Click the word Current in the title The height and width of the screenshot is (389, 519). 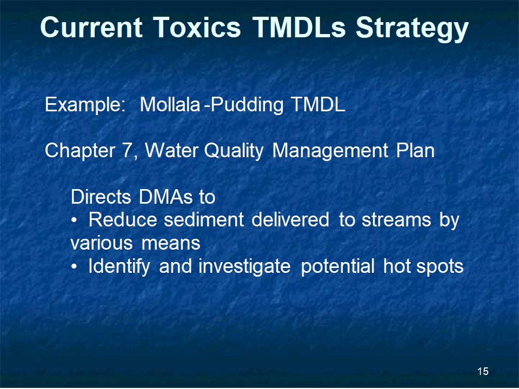point(91,27)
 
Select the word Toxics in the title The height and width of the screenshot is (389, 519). point(197,27)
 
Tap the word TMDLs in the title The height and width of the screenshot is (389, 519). point(299,27)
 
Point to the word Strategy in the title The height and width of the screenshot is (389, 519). point(412,29)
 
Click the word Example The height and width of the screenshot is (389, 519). point(85,105)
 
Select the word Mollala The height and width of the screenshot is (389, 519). point(170,104)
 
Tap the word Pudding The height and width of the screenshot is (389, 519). point(247,105)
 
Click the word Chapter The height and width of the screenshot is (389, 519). point(80,151)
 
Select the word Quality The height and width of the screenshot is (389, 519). point(234,151)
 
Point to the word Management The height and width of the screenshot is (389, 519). point(330,151)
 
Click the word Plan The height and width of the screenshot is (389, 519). point(415,151)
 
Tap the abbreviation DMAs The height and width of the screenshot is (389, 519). point(165,197)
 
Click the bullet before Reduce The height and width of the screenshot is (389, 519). point(75,220)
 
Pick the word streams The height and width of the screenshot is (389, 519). point(396,220)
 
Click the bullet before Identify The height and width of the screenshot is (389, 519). point(75,266)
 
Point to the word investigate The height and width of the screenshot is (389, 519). point(244,266)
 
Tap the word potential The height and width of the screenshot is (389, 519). point(337,266)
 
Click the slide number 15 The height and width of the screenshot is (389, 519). point(483,371)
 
